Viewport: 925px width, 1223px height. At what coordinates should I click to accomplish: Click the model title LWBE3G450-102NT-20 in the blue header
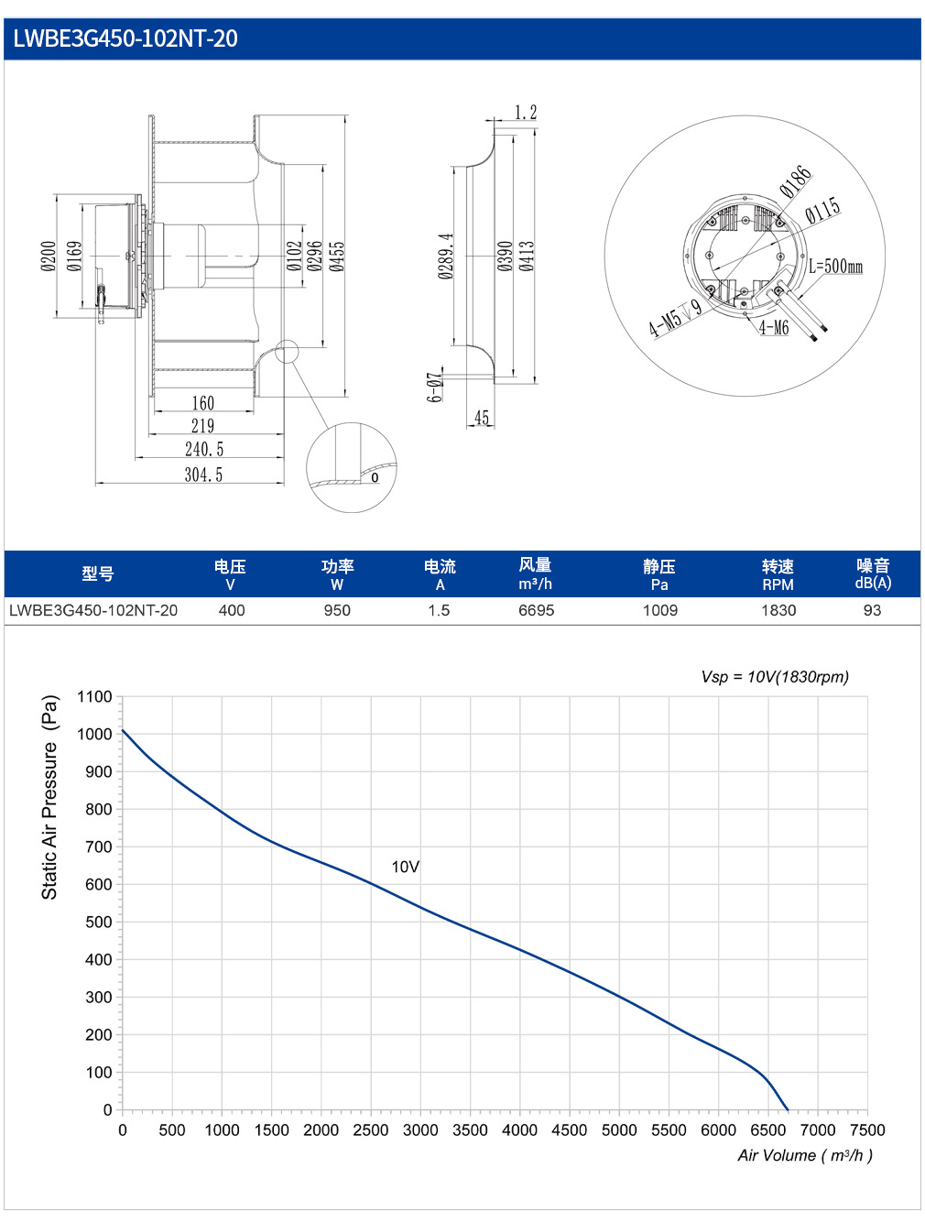coord(125,38)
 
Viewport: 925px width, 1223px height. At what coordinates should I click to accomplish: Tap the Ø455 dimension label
coord(337,257)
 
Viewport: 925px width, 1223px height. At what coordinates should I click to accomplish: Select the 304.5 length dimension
coord(203,475)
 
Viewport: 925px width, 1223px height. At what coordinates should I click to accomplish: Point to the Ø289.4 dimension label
coord(445,256)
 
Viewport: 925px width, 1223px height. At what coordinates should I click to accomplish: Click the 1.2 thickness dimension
coord(525,113)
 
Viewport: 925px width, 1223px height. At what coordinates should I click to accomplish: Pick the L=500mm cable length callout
coord(835,266)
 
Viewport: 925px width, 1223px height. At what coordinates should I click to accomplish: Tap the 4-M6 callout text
coord(774,327)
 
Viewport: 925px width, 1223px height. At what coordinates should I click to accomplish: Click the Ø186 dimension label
coord(795,181)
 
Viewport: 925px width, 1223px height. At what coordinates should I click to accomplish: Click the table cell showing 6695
coord(536,610)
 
